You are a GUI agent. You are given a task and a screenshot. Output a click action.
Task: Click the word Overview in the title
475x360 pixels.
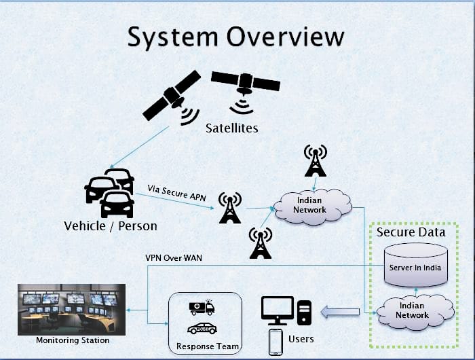pyautogui.click(x=286, y=37)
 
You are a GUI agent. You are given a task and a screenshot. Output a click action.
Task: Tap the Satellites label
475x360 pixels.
pyautogui.click(x=232, y=128)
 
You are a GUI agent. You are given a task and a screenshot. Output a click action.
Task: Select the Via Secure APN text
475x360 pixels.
pyautogui.click(x=176, y=193)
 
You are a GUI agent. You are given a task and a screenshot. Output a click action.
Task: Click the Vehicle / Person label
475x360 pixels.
pyautogui.click(x=111, y=226)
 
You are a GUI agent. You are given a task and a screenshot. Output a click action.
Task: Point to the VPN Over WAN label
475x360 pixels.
pyautogui.click(x=174, y=258)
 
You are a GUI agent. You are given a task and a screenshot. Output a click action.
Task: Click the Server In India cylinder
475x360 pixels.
pyautogui.click(x=415, y=265)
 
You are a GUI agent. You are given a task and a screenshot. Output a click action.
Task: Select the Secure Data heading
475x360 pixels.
pyautogui.click(x=411, y=232)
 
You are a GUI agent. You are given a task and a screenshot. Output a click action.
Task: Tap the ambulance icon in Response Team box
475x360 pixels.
pyautogui.click(x=202, y=308)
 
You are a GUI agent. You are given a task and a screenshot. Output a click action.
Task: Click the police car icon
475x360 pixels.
pyautogui.click(x=202, y=329)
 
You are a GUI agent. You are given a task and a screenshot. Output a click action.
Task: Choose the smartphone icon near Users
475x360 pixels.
pyautogui.click(x=275, y=342)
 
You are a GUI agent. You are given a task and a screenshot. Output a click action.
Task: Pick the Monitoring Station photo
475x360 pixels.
pyautogui.click(x=71, y=309)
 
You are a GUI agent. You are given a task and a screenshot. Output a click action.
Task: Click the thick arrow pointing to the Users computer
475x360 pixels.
pyautogui.click(x=340, y=312)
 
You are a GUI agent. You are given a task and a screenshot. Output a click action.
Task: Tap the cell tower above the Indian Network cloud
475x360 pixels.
pyautogui.click(x=316, y=160)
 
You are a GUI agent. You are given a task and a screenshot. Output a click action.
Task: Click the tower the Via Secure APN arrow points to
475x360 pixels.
pyautogui.click(x=230, y=208)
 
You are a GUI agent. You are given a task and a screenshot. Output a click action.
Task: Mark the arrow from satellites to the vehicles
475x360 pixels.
pyautogui.click(x=139, y=147)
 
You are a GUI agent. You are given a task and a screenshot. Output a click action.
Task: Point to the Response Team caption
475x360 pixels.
pyautogui.click(x=208, y=346)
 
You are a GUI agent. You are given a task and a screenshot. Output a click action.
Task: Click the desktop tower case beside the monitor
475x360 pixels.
pyautogui.click(x=304, y=312)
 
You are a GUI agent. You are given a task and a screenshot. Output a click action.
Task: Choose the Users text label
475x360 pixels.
pyautogui.click(x=301, y=339)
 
